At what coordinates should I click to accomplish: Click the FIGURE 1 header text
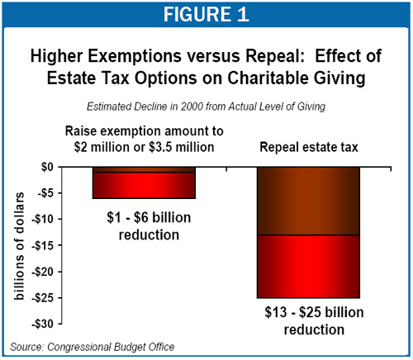point(206,14)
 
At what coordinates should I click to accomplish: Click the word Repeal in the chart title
point(275,56)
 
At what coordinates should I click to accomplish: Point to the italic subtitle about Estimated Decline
point(206,107)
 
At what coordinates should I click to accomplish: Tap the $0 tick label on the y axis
point(47,167)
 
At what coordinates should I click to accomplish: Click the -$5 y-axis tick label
point(45,193)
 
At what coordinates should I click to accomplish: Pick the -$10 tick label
point(43,220)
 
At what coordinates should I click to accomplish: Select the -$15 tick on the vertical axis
point(43,245)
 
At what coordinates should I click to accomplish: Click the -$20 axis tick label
point(43,272)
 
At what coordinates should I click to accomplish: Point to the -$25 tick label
point(43,298)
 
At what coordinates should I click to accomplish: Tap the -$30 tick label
point(43,324)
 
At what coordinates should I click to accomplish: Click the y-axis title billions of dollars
point(19,246)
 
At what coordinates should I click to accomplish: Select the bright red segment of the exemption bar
point(144,186)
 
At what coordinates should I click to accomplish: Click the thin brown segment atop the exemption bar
point(144,169)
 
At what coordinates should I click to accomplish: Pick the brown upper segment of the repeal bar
point(308,201)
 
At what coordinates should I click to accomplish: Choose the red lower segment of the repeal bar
point(308,267)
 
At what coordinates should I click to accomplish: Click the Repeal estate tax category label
point(309,147)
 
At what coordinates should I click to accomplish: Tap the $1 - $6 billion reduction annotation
point(149,226)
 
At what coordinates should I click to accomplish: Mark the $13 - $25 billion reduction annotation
point(314,321)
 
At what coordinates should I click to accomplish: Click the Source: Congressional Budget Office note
point(93,347)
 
